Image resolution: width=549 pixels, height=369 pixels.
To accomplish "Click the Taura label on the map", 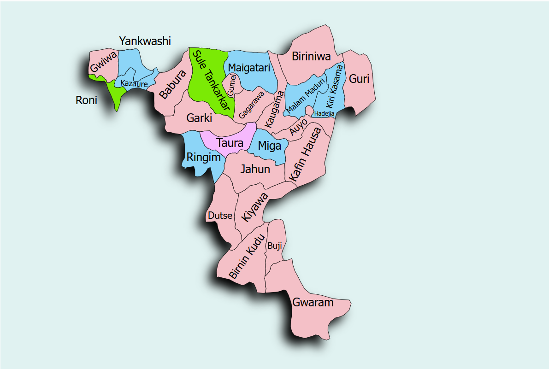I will [x=230, y=143].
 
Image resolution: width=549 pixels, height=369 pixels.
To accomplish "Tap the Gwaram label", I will [x=313, y=303].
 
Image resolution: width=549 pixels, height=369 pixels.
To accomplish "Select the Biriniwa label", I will [x=312, y=57].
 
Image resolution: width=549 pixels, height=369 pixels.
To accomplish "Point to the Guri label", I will [x=359, y=79].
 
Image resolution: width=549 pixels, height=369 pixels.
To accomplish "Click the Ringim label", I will [x=203, y=158].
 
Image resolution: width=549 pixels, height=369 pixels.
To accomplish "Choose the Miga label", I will [x=269, y=146].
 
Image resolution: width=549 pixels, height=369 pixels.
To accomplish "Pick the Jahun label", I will [x=255, y=169].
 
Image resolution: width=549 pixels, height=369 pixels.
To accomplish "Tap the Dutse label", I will [x=220, y=216].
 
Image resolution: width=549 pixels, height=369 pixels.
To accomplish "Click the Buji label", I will [x=274, y=246].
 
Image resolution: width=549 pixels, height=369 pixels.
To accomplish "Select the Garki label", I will [x=199, y=118].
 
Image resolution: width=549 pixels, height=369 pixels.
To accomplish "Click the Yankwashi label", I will [x=145, y=41].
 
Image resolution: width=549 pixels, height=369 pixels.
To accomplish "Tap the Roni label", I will [x=86, y=100].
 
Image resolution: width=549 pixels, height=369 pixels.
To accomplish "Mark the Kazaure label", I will [x=134, y=84].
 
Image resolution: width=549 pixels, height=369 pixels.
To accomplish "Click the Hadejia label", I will [x=324, y=113].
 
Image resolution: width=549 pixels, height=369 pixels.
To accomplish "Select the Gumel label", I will [x=232, y=85].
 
